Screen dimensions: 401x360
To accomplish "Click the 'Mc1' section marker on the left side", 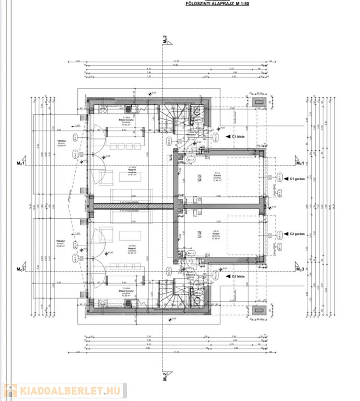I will [x=21, y=163].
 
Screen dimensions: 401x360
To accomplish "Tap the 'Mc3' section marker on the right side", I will [x=299, y=269].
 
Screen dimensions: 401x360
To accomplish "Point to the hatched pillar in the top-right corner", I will [x=258, y=101].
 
